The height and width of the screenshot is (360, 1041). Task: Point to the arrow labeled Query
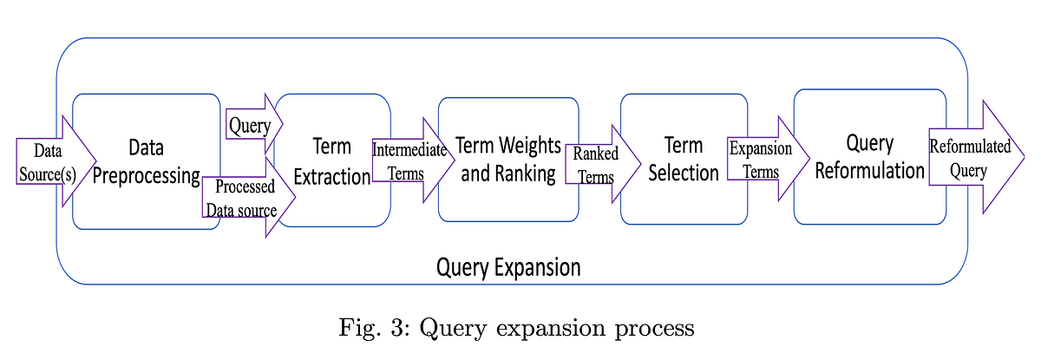point(252,127)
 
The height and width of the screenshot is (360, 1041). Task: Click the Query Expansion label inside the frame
point(508,266)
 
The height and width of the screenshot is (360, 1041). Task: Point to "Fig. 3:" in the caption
point(369,329)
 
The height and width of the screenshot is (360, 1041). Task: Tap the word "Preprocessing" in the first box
point(146,176)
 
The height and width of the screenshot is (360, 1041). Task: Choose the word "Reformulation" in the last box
point(869,171)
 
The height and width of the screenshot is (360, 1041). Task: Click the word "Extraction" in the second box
point(333,177)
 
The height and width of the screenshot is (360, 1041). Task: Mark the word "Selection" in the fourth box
point(684,173)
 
